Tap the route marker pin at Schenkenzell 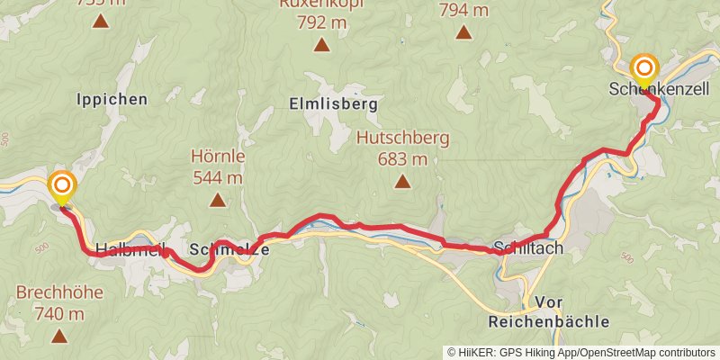tap(644, 68)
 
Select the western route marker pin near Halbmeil tap(62, 185)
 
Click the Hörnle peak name tap(218, 156)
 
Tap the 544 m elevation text tap(218, 177)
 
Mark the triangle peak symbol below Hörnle tap(218, 201)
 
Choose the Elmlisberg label tap(333, 103)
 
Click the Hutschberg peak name tap(402, 139)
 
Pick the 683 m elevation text tap(402, 160)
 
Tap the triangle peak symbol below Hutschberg tap(402, 184)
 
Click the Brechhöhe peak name tap(59, 292)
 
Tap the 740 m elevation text tap(59, 314)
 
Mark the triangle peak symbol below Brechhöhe tap(59, 337)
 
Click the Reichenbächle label tap(547, 321)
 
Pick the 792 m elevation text tap(322, 21)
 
